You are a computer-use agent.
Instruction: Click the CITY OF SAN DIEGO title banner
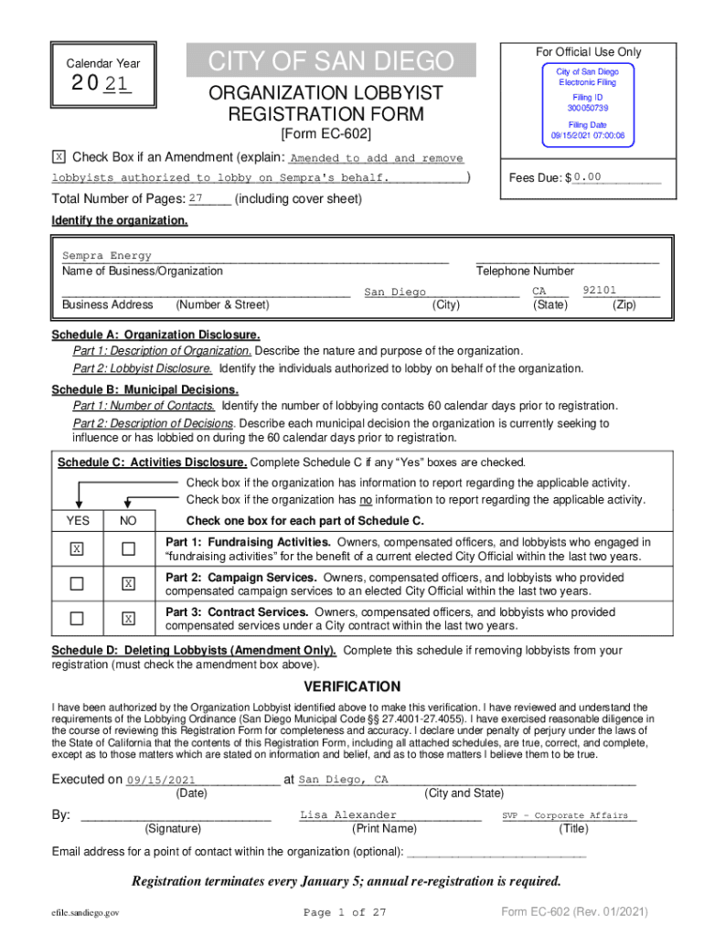[x=331, y=61]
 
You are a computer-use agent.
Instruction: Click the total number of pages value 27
[x=196, y=198]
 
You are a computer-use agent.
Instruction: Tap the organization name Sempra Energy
[x=107, y=256]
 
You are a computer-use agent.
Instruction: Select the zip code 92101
[x=605, y=291]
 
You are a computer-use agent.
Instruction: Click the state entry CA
[x=539, y=292]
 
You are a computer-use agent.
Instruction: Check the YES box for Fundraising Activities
[x=78, y=548]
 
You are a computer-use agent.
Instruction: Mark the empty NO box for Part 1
[x=129, y=548]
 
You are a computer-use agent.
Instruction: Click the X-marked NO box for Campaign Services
[x=129, y=584]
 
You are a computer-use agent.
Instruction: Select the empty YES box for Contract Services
[x=78, y=619]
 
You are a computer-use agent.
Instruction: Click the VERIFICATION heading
[x=352, y=686]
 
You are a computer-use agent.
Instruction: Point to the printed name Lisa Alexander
[x=348, y=814]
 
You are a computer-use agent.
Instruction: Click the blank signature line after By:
[x=176, y=816]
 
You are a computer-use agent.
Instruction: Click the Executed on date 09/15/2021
[x=161, y=780]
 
